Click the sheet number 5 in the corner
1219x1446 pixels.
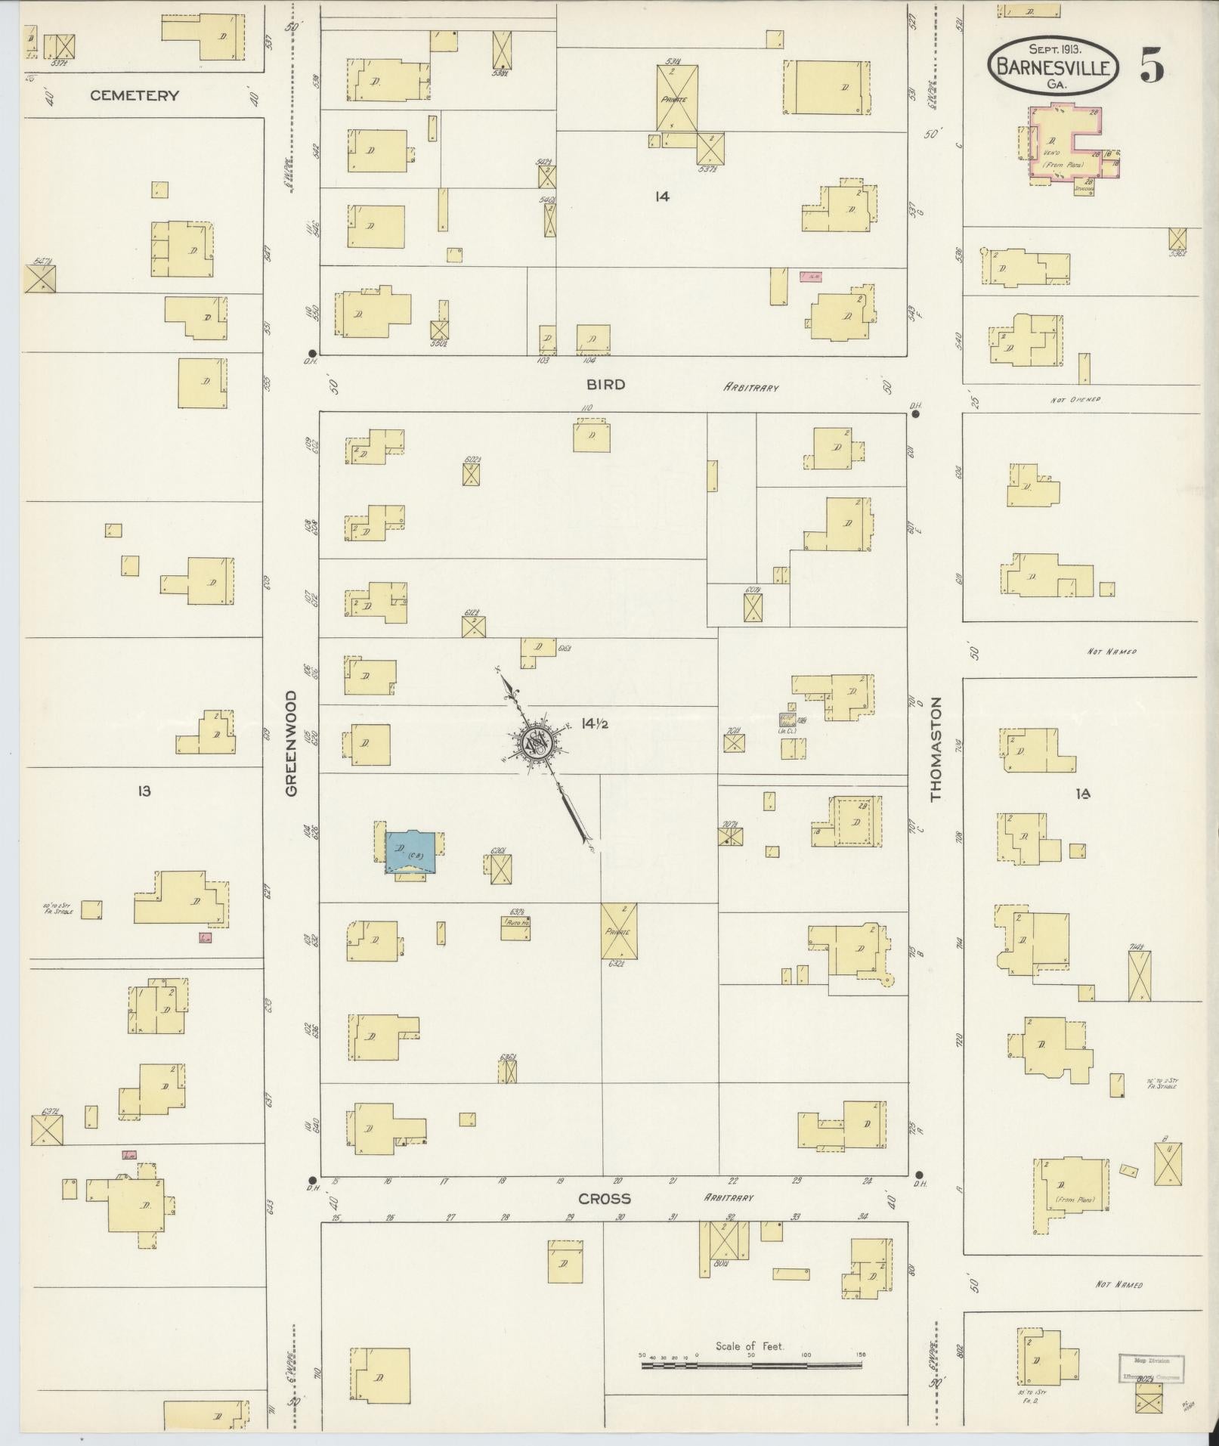click(1152, 65)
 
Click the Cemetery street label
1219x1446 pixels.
click(135, 95)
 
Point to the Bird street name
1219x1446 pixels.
click(606, 385)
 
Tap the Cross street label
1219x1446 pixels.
click(604, 1199)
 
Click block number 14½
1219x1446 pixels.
click(595, 723)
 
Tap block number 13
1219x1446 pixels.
click(144, 791)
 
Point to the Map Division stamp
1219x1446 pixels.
click(1151, 1367)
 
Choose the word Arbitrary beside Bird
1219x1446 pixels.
click(750, 388)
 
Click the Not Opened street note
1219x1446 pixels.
click(1075, 399)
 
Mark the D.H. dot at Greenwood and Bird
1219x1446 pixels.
click(312, 353)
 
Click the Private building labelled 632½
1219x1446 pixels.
click(618, 931)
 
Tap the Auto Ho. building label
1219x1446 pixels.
click(515, 923)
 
